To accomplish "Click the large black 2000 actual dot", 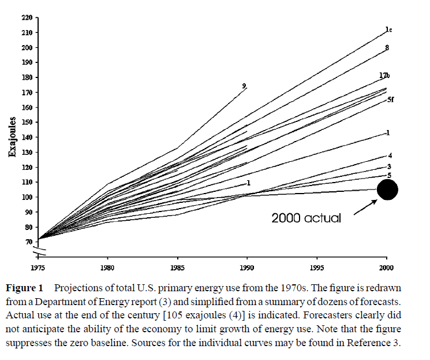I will click(387, 189).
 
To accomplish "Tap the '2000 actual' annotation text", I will click(306, 218).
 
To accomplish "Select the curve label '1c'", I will click(389, 29).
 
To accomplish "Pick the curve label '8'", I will click(387, 47).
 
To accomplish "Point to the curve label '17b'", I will click(385, 76).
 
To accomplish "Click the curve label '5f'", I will click(390, 100).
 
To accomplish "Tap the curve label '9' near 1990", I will click(244, 86).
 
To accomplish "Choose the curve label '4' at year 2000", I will click(390, 155).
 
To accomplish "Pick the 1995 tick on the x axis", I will click(317, 268).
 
